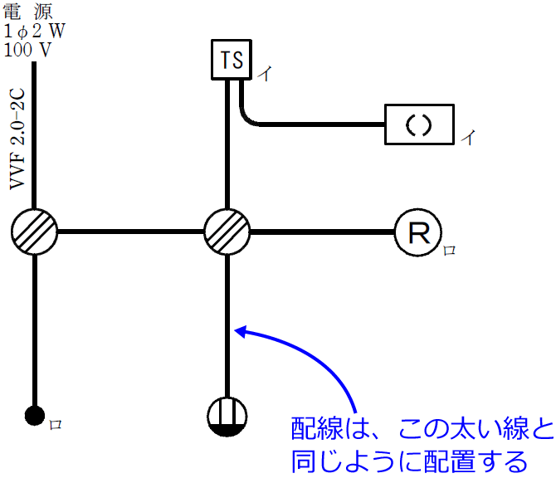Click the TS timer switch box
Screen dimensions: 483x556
231,59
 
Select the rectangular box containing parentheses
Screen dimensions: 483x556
420,125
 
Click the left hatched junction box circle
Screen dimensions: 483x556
35,231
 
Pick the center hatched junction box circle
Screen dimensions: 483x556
227,231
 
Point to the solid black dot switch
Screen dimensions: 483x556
34,416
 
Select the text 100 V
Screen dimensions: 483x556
27,49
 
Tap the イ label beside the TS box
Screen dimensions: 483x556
264,74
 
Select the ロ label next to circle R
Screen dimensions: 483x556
449,249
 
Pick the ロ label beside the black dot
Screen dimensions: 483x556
55,424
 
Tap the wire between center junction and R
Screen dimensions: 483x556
321,232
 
